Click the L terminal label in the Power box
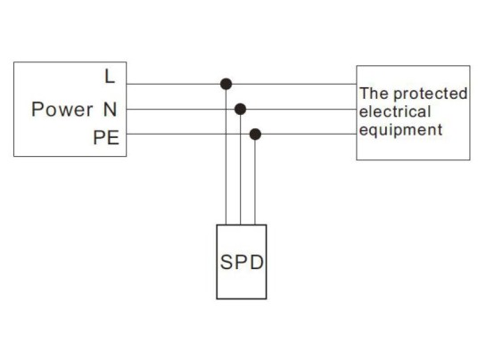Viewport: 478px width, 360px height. pyautogui.click(x=110, y=77)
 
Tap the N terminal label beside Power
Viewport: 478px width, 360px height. pyautogui.click(x=110, y=110)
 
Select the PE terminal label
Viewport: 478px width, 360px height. pyautogui.click(x=105, y=139)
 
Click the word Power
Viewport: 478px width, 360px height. pyautogui.click(x=62, y=110)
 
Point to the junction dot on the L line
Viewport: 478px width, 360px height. pyautogui.click(x=227, y=84)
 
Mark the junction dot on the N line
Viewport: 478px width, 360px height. pyautogui.click(x=240, y=109)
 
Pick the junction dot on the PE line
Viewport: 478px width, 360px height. pyautogui.click(x=255, y=134)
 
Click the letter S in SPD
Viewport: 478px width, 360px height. pyautogui.click(x=227, y=266)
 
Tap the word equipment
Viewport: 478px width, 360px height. pyautogui.click(x=400, y=129)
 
